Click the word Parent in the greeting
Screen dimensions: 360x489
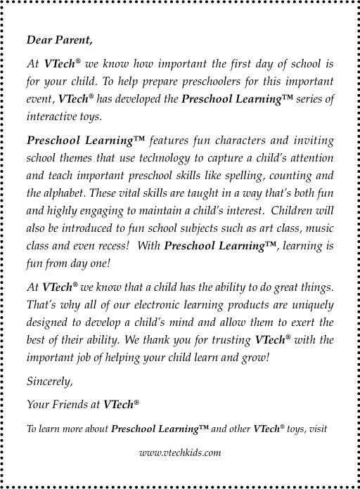click(x=73, y=39)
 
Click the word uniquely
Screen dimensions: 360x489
click(x=309, y=306)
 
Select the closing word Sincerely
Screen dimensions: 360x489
click(x=50, y=383)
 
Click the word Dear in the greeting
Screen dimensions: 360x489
click(x=38, y=39)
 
